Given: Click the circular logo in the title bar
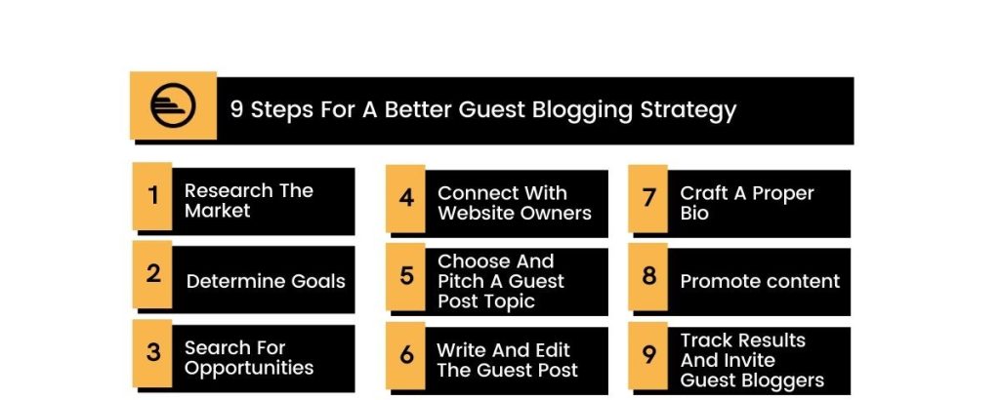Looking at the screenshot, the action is coord(173,105).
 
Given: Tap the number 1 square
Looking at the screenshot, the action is coord(152,195).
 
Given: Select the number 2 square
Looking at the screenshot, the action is coord(152,274).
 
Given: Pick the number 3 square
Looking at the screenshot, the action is coord(152,353).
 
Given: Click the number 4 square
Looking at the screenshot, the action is coord(405,198).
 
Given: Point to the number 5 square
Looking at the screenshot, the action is coord(405,276).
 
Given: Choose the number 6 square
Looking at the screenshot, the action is coord(405,355).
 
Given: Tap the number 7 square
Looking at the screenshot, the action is coord(648,198).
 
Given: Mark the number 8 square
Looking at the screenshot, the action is coord(648,276).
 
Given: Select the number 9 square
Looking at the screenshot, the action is coord(648,355).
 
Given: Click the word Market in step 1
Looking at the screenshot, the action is coord(218,211).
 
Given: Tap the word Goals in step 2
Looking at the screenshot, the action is coord(318,282).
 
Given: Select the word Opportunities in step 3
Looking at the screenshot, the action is coord(249,369).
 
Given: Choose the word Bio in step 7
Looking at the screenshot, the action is coord(694,214).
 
